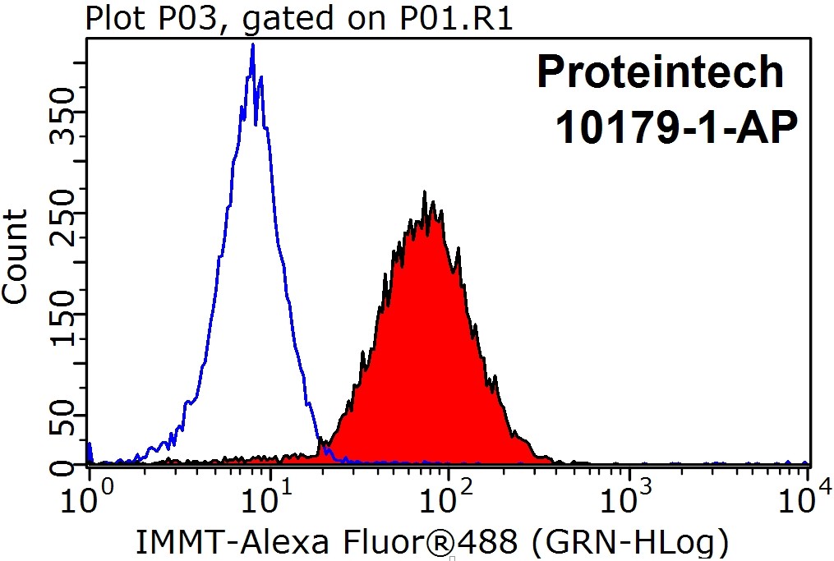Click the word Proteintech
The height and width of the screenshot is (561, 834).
pyautogui.click(x=661, y=72)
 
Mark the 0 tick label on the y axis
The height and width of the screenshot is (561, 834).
pyautogui.click(x=62, y=467)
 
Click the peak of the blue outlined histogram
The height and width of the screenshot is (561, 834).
pyautogui.click(x=252, y=45)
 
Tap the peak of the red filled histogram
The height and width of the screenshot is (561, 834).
pyautogui.click(x=424, y=193)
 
